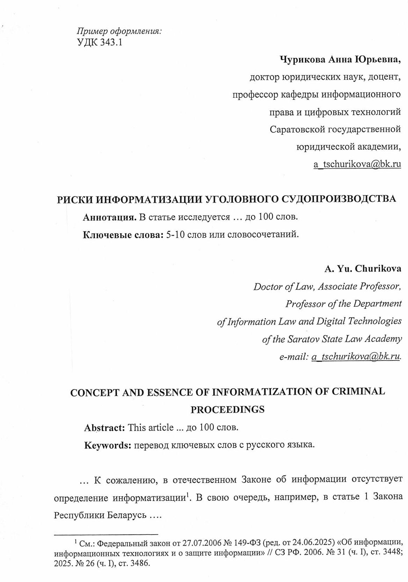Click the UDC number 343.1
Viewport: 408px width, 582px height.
click(111, 43)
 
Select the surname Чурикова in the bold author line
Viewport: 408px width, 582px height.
click(303, 60)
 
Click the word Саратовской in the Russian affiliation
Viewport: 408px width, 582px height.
click(298, 129)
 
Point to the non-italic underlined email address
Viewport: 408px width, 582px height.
click(357, 164)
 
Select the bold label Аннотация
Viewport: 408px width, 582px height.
click(109, 217)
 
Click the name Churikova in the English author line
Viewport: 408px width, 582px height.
click(378, 269)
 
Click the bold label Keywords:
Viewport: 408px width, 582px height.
click(108, 445)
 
